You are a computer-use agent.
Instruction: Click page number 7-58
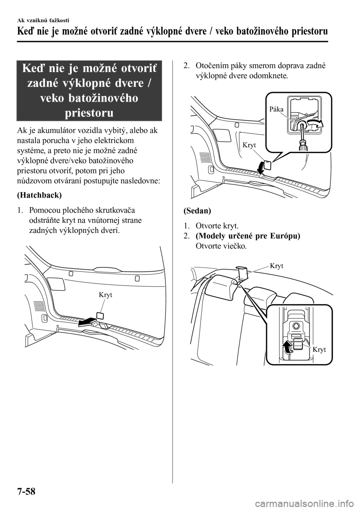click(x=26, y=490)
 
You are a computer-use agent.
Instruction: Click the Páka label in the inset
click(x=276, y=109)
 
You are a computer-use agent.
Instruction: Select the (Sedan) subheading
click(x=197, y=211)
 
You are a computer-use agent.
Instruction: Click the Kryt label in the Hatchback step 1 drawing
click(x=105, y=295)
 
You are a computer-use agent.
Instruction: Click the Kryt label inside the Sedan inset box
click(x=319, y=349)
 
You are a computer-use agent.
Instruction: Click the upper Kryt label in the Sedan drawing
click(x=276, y=266)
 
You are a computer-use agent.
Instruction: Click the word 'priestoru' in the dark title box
click(x=89, y=112)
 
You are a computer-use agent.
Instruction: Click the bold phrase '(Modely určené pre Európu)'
click(x=248, y=236)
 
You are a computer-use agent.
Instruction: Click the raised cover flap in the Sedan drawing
click(x=242, y=272)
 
